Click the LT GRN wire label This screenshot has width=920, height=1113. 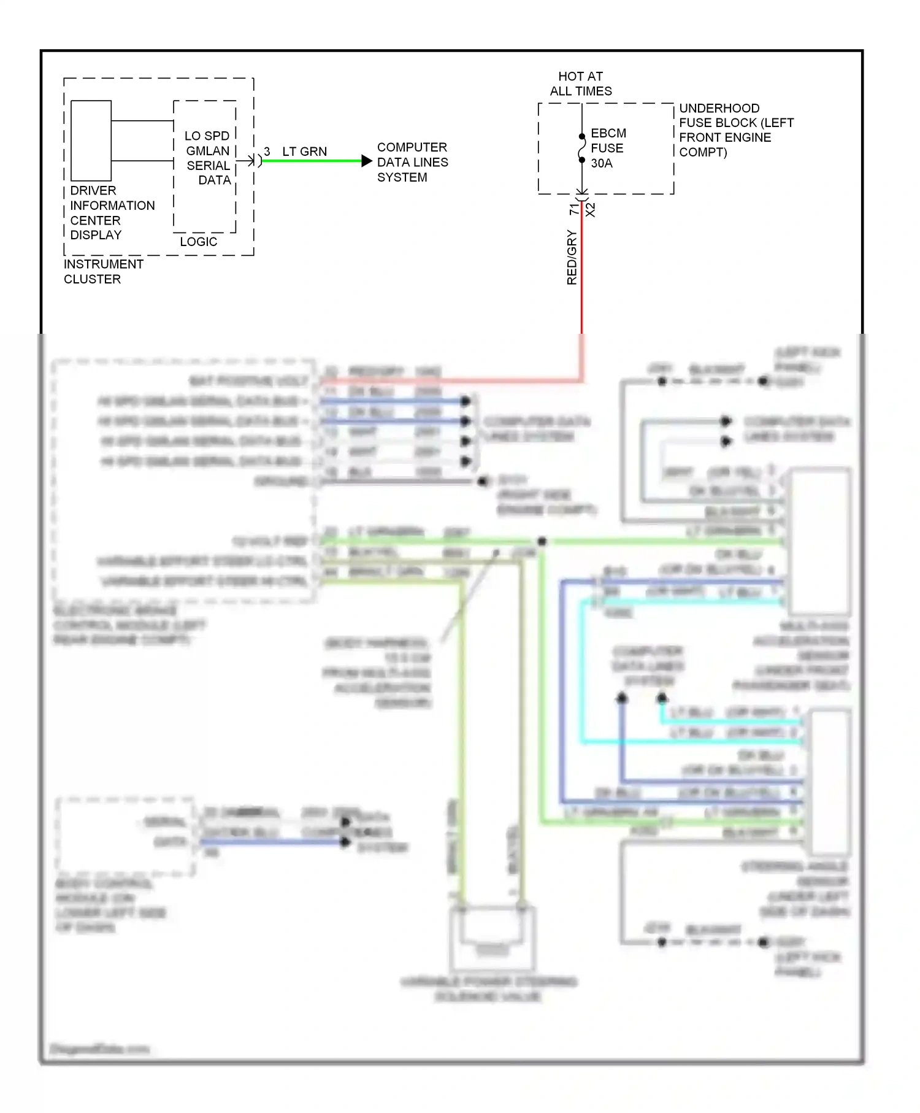[x=304, y=152]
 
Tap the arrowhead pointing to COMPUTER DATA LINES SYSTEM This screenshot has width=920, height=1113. [x=367, y=161]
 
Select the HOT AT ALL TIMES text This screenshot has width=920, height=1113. [x=580, y=83]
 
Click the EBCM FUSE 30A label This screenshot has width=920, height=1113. [x=608, y=148]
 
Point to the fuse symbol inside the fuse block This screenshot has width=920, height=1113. [x=582, y=148]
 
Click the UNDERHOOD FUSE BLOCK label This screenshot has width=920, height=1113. [x=735, y=130]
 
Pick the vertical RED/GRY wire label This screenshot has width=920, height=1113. [x=572, y=257]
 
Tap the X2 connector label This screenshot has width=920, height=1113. [x=591, y=210]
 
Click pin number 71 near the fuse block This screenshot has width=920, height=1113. [x=574, y=209]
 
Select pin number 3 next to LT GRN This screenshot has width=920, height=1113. [x=267, y=152]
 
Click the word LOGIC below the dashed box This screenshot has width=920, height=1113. [x=198, y=242]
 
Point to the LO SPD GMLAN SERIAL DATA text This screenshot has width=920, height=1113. [x=208, y=158]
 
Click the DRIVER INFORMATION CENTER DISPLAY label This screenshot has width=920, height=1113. [x=112, y=212]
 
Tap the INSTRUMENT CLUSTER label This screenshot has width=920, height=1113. [x=103, y=271]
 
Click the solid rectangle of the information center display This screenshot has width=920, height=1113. [x=91, y=141]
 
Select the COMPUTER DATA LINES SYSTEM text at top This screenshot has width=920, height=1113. [x=412, y=162]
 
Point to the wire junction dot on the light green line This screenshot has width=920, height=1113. [x=542, y=541]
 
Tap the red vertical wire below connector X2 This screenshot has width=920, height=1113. [x=582, y=276]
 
